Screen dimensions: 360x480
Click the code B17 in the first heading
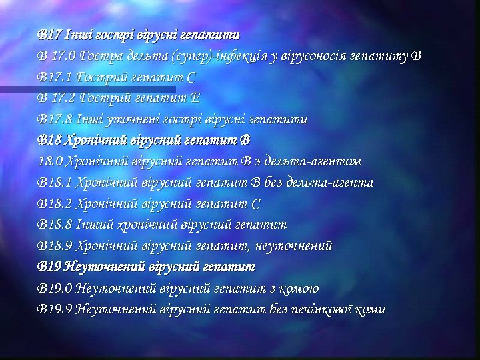49,33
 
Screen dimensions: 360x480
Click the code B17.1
55,76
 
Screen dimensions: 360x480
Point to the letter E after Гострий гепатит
195,97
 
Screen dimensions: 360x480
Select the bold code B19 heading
49,267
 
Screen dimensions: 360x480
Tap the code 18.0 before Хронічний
51,161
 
